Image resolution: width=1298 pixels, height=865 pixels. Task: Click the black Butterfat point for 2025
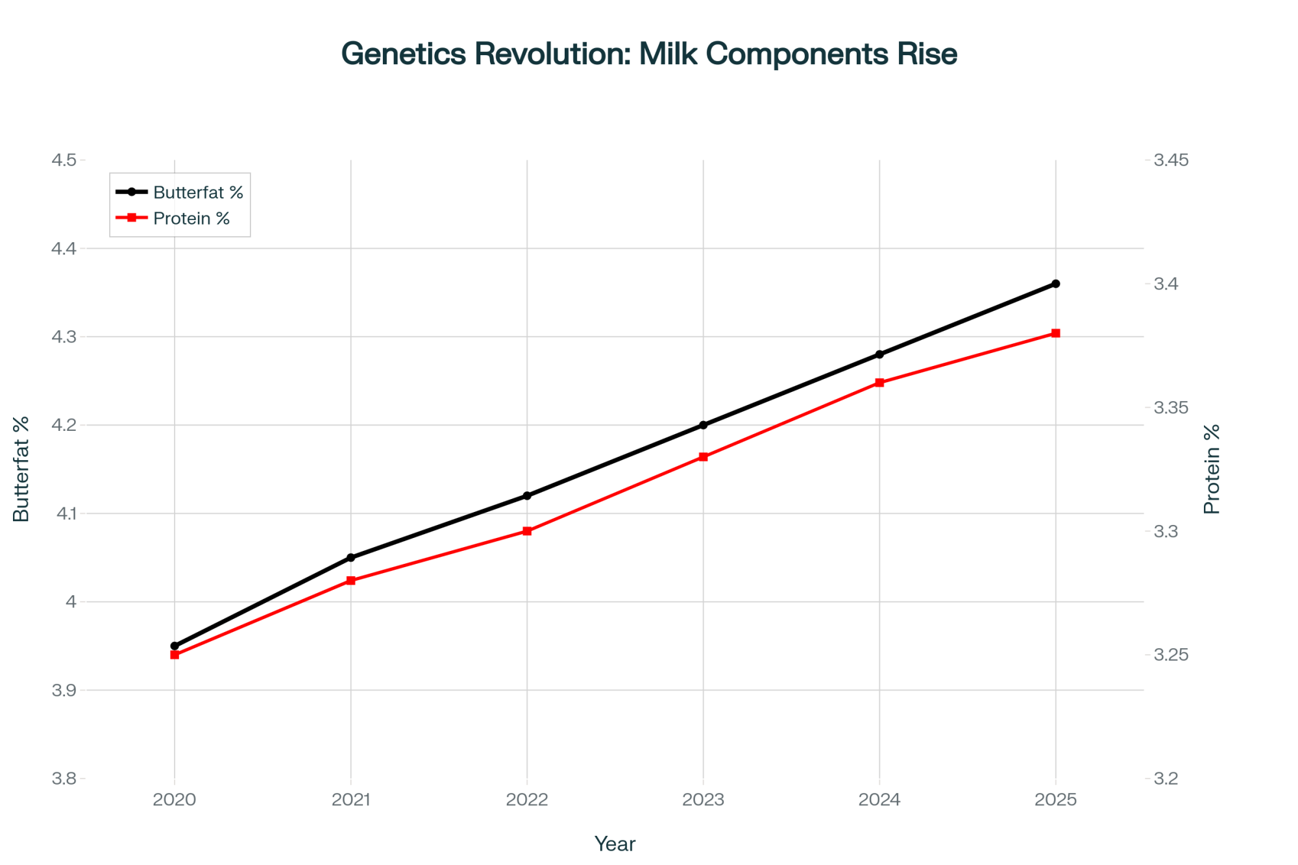(x=1055, y=284)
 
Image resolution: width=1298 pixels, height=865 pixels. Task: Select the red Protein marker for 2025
(x=1055, y=334)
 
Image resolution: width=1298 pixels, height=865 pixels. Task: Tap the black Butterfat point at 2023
(x=703, y=425)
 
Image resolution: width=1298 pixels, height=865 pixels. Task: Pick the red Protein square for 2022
(x=527, y=531)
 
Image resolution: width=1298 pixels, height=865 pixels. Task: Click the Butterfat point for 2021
(x=351, y=557)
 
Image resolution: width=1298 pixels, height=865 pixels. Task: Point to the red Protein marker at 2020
(x=175, y=655)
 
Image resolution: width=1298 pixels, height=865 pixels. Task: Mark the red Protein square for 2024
(x=879, y=383)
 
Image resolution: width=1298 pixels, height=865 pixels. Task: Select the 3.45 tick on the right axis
(x=1171, y=160)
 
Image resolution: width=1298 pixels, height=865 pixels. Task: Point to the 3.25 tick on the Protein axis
(x=1171, y=655)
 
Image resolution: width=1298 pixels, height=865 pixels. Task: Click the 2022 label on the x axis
(x=527, y=799)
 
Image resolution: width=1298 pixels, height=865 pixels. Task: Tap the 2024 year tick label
(x=879, y=799)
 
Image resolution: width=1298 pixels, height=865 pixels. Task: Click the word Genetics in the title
(x=404, y=54)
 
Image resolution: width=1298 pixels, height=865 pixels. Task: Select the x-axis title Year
(x=615, y=844)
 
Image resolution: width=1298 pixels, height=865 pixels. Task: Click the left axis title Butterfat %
(x=21, y=469)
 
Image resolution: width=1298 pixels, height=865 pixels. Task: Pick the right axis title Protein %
(x=1212, y=469)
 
